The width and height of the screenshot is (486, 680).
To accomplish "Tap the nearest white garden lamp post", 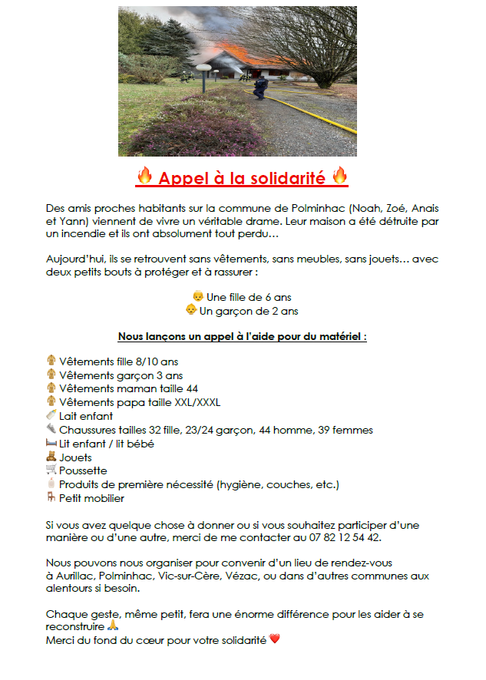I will (x=203, y=76).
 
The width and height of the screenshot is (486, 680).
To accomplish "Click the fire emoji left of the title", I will (x=144, y=177).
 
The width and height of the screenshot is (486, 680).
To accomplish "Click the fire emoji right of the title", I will (x=340, y=177).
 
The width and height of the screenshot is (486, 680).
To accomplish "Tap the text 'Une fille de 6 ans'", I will (x=249, y=297).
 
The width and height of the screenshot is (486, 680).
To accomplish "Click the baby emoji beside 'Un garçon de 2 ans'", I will (x=190, y=310).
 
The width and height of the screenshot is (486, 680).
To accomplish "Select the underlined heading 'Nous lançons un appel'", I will (x=242, y=337).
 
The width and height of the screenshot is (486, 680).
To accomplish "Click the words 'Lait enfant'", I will (x=85, y=416).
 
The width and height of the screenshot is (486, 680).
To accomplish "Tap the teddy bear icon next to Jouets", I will (x=51, y=457).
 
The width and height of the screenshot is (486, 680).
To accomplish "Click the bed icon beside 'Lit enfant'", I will (x=51, y=444).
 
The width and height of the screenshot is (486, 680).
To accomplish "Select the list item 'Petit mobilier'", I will (x=91, y=498).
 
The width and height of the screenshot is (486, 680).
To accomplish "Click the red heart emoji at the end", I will (x=275, y=639).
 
